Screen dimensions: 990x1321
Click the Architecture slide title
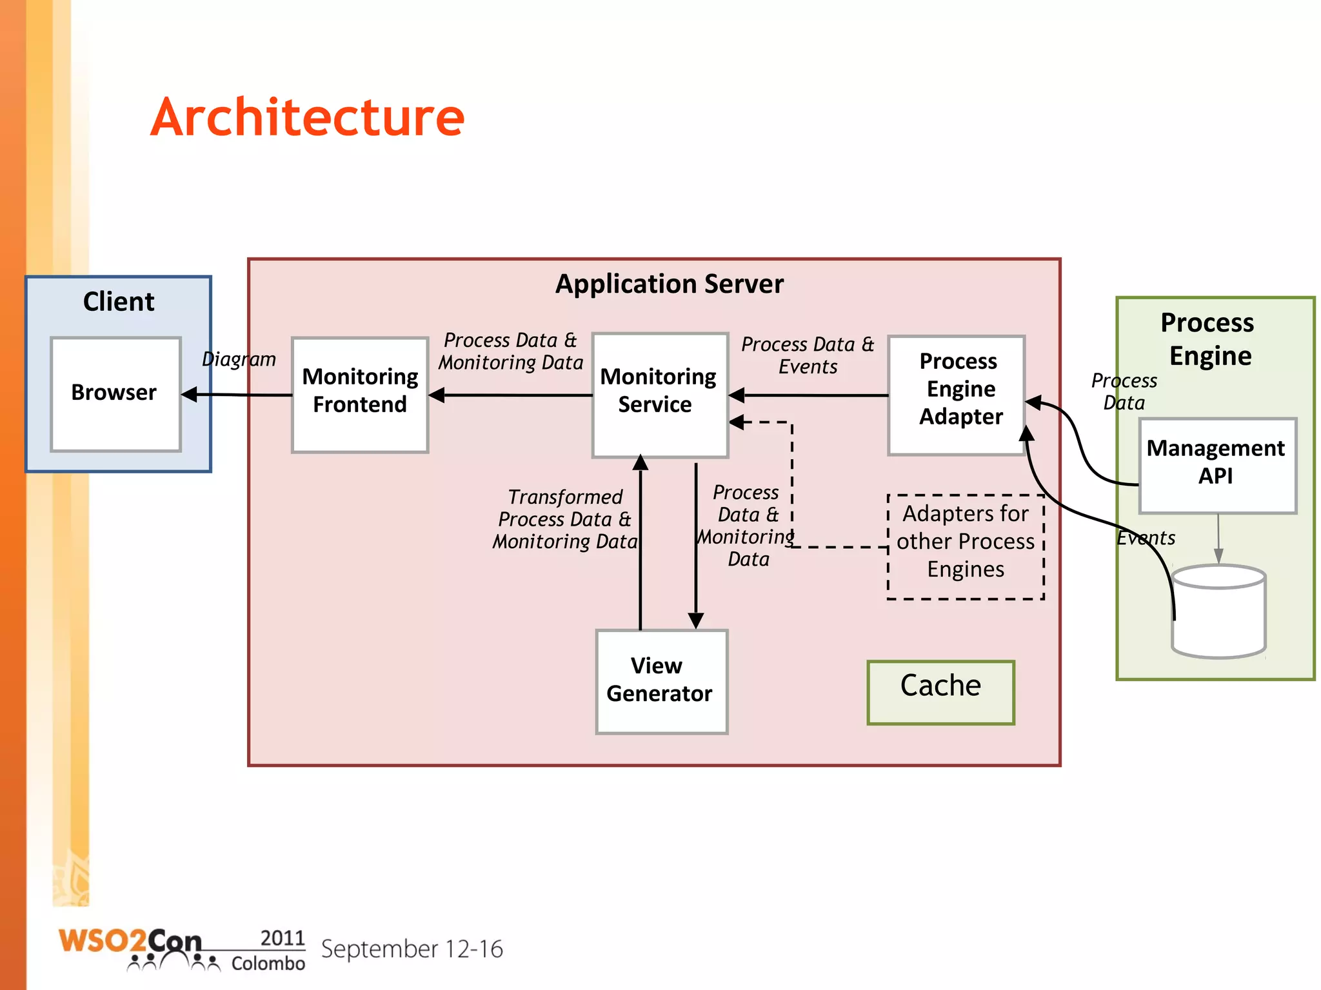(307, 117)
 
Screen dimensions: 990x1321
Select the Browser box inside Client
(115, 393)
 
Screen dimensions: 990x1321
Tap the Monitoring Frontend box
(360, 394)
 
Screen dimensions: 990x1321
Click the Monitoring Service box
(659, 394)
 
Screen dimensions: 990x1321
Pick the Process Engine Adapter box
(957, 394)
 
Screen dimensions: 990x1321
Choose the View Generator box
(661, 681)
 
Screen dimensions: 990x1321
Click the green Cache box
(940, 691)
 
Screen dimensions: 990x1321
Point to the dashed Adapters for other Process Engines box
(965, 546)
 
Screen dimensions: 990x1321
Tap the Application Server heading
(669, 284)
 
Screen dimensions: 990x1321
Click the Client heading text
(119, 301)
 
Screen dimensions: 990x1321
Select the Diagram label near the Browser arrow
(239, 359)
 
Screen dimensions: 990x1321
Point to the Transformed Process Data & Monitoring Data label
(564, 519)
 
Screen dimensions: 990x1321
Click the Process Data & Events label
(807, 355)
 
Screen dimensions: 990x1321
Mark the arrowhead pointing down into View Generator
(695, 620)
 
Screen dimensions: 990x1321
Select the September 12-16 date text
(412, 949)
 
